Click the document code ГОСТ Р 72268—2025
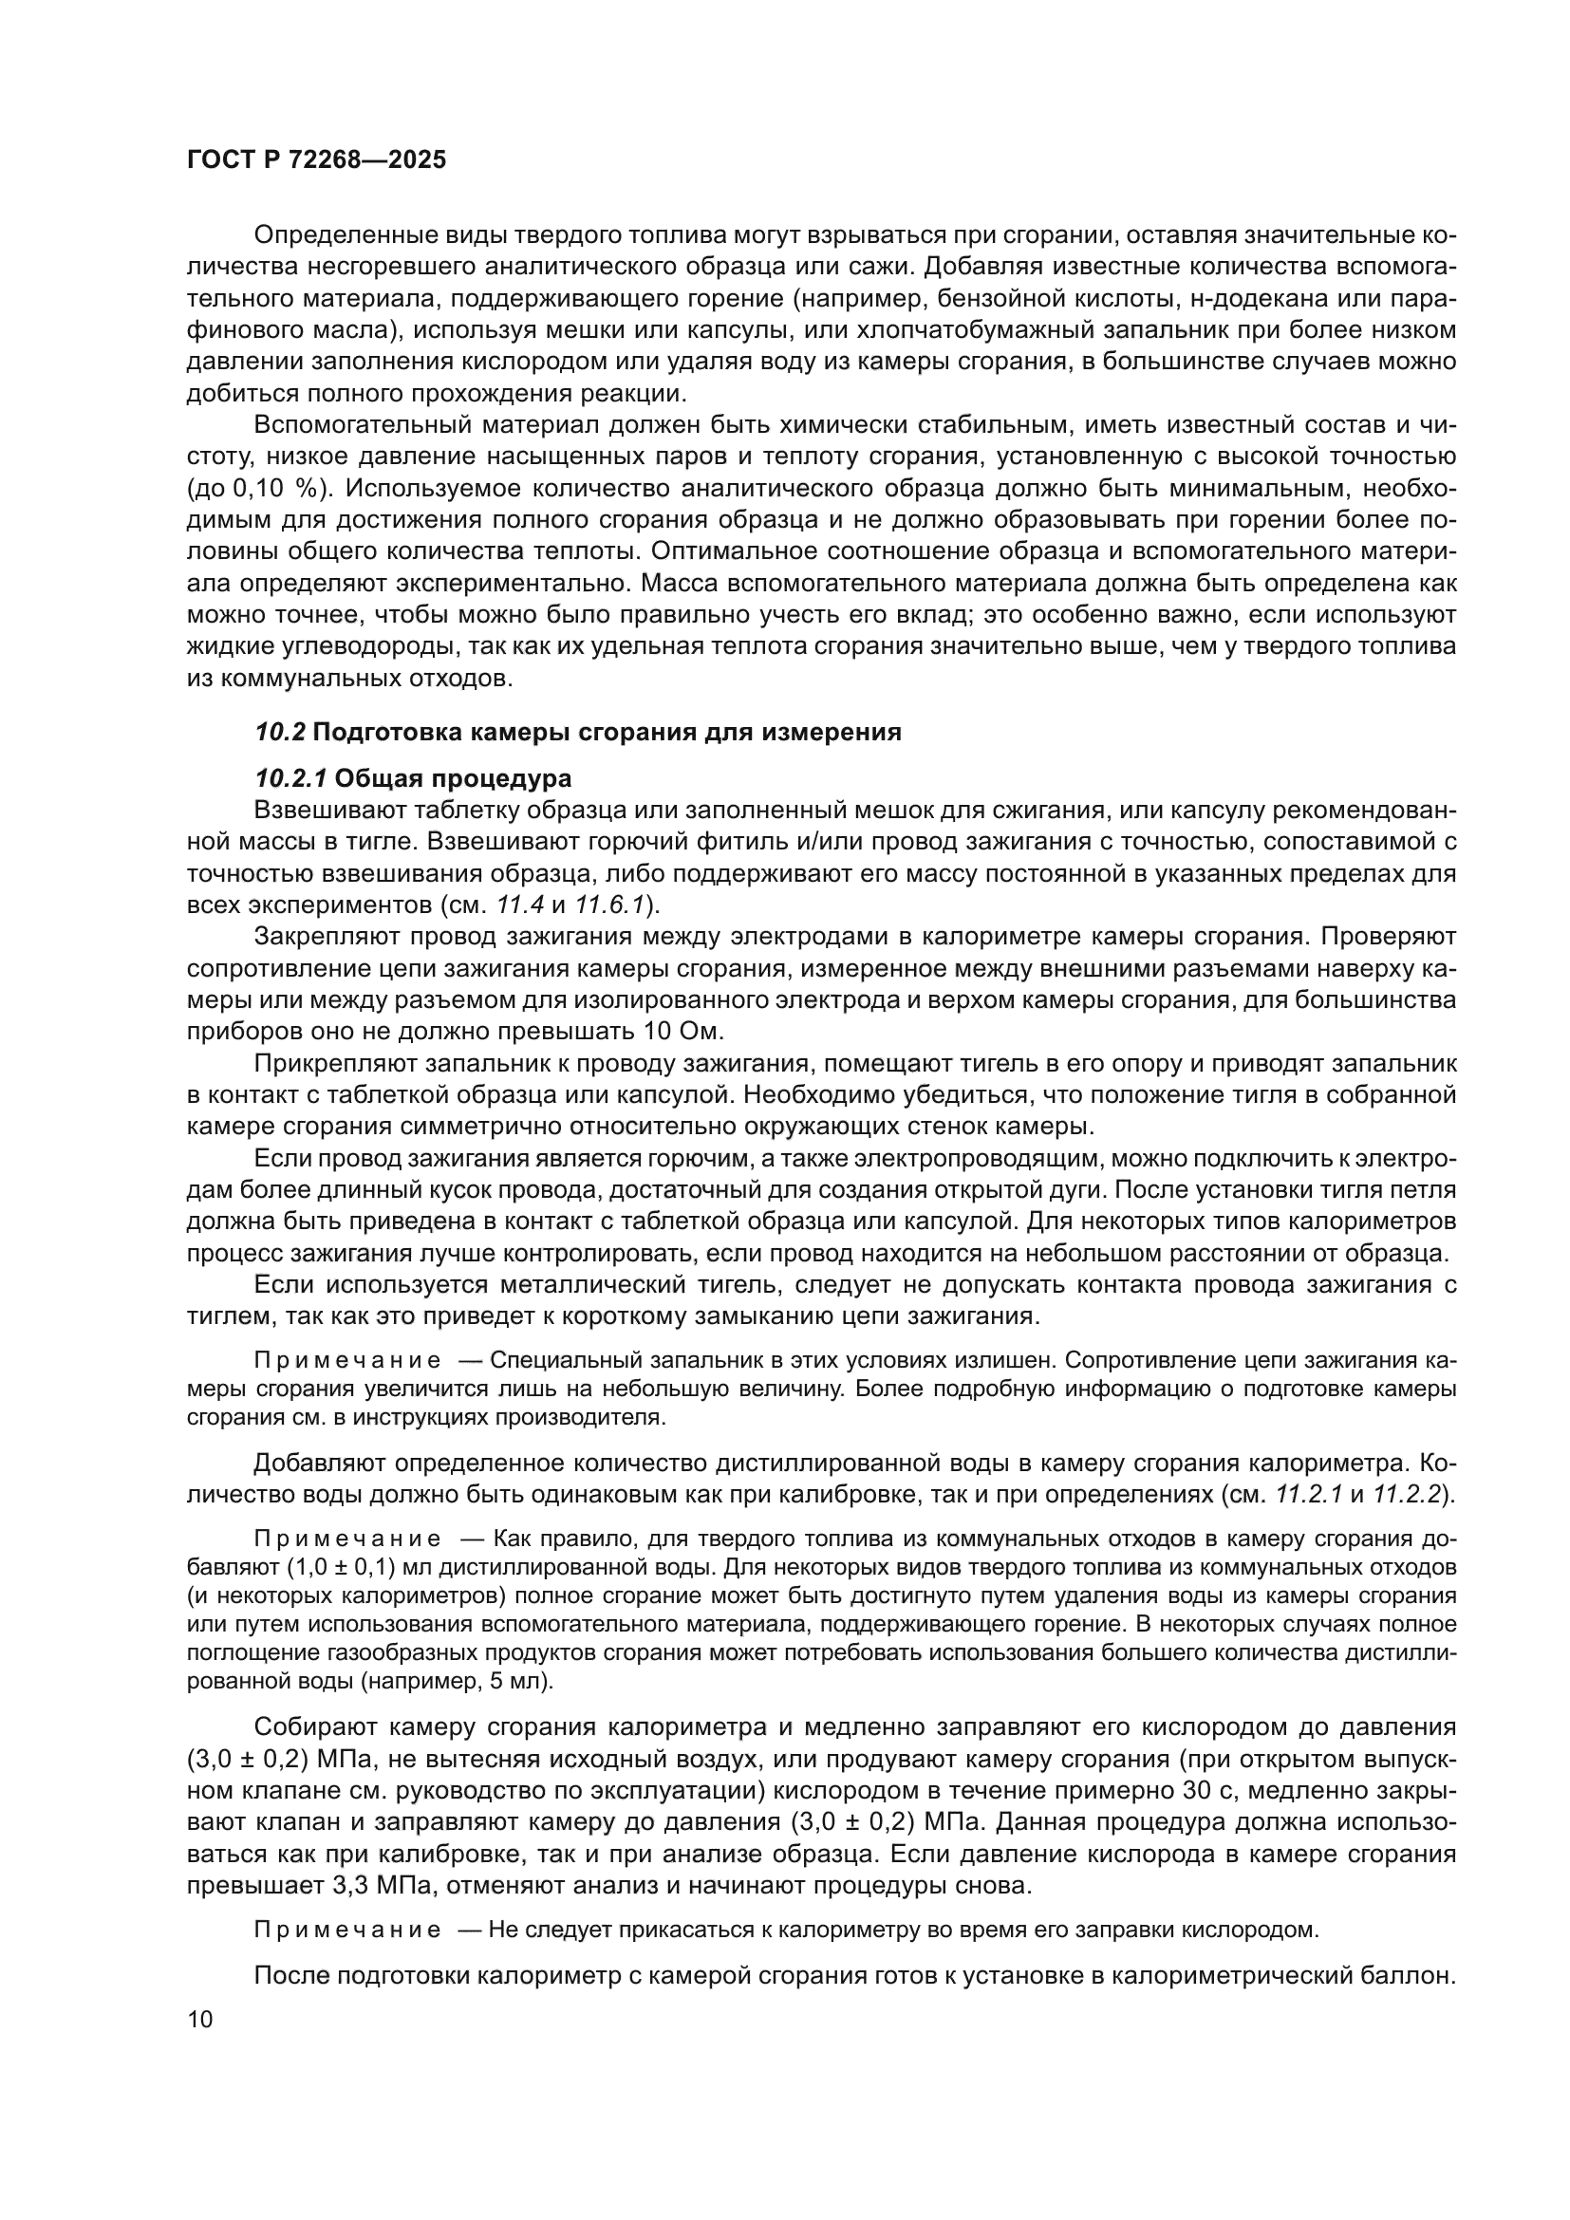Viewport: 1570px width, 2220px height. pyautogui.click(x=316, y=160)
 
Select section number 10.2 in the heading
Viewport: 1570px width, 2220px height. pyautogui.click(x=279, y=732)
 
